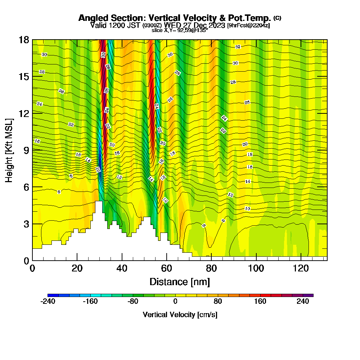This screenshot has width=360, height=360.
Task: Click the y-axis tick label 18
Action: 24,40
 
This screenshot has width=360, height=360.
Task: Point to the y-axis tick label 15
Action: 24,77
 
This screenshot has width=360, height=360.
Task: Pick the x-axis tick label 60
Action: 167,268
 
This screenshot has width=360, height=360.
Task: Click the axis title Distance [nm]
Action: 180,282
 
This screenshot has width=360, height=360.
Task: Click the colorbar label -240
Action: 48,302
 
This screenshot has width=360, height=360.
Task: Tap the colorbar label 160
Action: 260,302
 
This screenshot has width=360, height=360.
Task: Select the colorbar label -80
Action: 133,302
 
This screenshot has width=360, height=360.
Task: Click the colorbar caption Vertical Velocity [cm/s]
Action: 180,315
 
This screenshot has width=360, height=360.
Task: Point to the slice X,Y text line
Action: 180,30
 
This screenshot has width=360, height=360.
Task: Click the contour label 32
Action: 238,47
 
